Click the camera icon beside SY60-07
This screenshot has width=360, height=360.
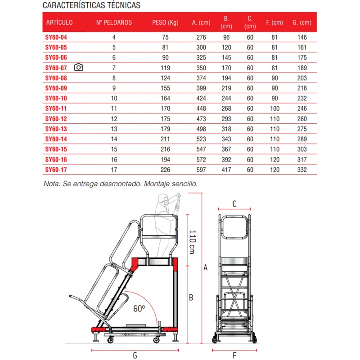[79, 67]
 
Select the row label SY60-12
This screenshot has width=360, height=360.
[56, 119]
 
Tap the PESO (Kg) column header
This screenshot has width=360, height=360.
[166, 22]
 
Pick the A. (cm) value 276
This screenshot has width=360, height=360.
[201, 37]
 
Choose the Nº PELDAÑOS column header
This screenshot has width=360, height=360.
[114, 22]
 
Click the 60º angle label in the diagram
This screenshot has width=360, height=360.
[139, 309]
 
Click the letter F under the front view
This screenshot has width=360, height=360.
[234, 355]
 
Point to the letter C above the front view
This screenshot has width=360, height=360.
[234, 203]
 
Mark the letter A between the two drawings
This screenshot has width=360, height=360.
[206, 268]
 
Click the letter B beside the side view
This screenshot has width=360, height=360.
[191, 297]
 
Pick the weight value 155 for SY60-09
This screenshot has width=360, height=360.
[166, 89]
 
